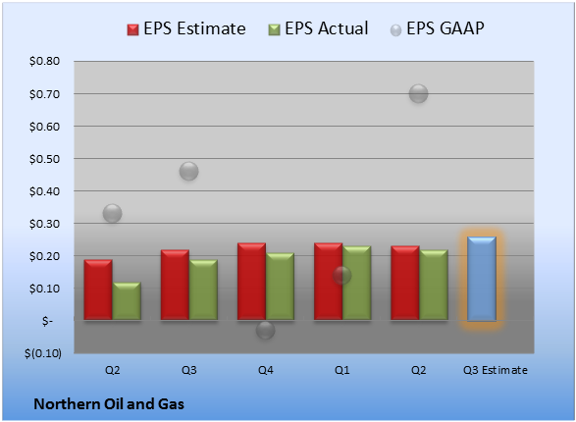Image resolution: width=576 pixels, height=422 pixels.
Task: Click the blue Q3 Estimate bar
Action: [482, 279]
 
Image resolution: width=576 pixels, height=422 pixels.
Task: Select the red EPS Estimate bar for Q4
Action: [251, 282]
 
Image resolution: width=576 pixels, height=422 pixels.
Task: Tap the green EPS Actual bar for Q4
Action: [280, 287]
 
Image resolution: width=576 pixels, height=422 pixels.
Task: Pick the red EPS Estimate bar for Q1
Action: [329, 282]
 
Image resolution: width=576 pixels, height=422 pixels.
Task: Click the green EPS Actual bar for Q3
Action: [203, 290]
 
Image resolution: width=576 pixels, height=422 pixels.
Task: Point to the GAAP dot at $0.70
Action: [418, 93]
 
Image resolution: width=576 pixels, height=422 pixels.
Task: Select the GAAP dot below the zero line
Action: [265, 330]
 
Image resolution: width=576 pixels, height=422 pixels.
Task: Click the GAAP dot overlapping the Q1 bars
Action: [342, 275]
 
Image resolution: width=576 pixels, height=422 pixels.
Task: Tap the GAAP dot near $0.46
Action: [188, 171]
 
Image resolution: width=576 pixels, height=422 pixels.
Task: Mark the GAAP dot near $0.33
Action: [112, 213]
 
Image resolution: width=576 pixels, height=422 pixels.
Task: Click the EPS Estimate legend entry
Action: [186, 28]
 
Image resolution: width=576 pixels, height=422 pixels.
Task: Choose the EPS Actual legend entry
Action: [318, 28]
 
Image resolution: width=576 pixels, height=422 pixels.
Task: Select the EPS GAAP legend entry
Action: [437, 28]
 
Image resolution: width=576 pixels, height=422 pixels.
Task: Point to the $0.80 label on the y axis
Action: [44, 61]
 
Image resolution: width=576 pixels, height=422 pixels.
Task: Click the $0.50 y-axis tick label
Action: [44, 159]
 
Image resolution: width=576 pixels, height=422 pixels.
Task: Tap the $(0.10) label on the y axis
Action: [43, 353]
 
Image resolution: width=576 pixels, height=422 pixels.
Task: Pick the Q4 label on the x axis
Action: [265, 370]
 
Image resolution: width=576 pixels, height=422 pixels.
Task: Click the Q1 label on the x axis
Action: [342, 370]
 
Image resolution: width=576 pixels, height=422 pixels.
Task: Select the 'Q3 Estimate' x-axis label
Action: [496, 370]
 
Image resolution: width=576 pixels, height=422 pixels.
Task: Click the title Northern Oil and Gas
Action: [109, 404]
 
